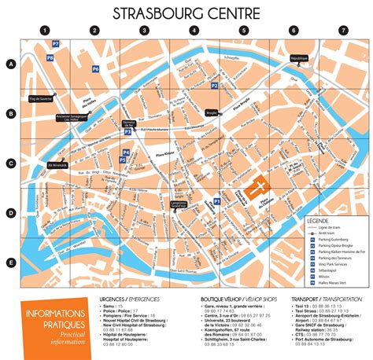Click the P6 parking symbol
coord(95,69)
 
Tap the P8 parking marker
coord(50,58)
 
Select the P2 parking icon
coord(214,85)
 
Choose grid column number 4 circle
coord(194,31)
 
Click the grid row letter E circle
coord(11,263)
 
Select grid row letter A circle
coord(11,64)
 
